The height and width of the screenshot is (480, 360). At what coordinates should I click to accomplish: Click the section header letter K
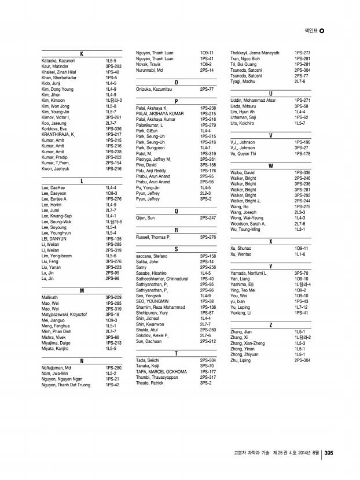[x=82, y=54]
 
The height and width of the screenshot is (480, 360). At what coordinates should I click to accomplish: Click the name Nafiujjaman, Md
[x=57, y=368]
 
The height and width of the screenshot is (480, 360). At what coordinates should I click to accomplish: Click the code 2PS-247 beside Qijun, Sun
[x=208, y=218]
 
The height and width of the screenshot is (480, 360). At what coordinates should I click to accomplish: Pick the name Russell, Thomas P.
[x=153, y=237]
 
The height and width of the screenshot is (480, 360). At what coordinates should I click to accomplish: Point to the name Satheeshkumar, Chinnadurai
[x=162, y=279]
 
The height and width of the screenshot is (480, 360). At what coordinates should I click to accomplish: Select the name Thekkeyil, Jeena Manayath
[x=255, y=53]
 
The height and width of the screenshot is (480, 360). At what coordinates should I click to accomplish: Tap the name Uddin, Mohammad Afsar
[x=253, y=101]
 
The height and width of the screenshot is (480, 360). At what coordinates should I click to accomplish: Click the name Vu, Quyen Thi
[x=243, y=154]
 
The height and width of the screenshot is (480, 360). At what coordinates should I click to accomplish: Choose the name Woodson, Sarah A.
[x=248, y=223]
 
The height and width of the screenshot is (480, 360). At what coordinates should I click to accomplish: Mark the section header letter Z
[x=271, y=326]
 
